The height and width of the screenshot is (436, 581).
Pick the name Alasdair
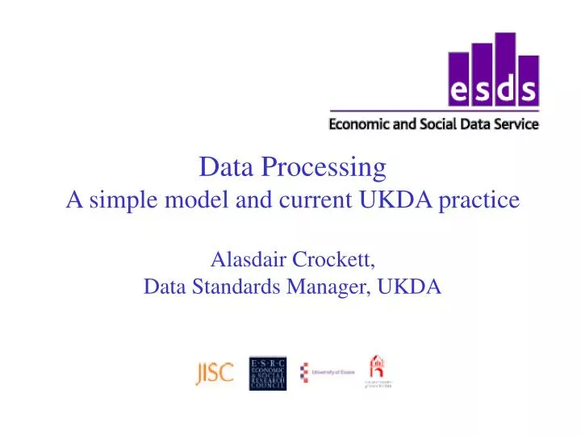point(245,260)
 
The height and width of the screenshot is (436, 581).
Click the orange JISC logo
point(214,373)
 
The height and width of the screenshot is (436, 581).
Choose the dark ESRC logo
point(267,372)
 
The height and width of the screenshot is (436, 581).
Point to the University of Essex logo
point(328,373)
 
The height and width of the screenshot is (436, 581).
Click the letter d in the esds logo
point(505,90)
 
